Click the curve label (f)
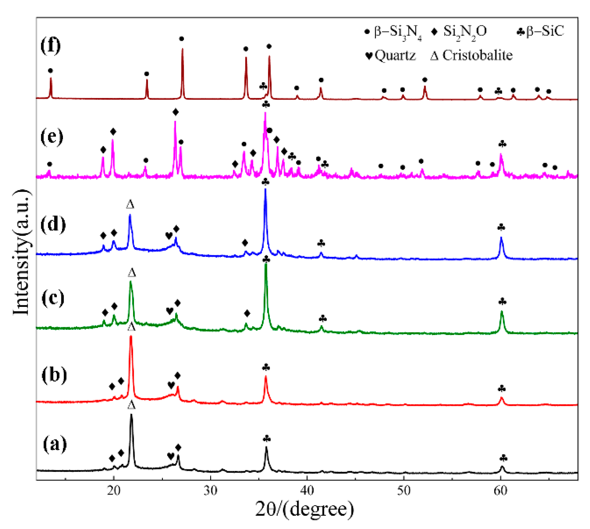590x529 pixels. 50,45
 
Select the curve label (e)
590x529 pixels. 52,137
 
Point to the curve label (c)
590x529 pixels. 53,298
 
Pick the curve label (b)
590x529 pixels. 54,374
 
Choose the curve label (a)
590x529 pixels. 55,444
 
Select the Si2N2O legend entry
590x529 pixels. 460,32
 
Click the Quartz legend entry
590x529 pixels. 391,56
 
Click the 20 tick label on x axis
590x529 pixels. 113,491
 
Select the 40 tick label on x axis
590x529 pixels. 307,491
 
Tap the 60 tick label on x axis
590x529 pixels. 500,491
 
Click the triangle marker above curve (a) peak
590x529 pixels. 131,405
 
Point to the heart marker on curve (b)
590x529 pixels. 171,385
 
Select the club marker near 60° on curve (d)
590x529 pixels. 501,228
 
